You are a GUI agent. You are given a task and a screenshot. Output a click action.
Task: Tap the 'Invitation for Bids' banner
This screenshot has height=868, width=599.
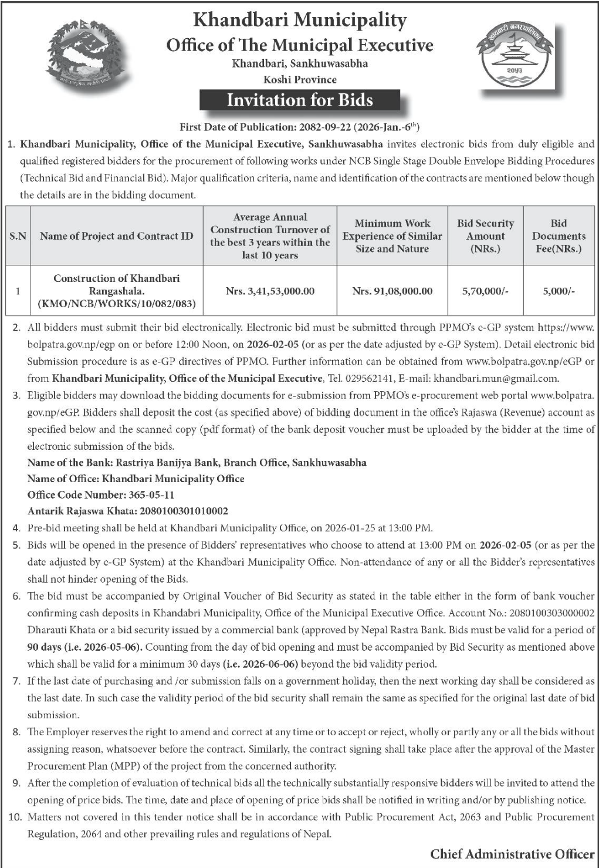(x=300, y=100)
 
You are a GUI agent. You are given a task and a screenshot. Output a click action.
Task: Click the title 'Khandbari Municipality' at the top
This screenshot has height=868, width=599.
(x=300, y=21)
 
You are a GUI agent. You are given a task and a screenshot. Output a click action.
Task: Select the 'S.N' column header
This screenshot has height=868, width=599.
(x=18, y=236)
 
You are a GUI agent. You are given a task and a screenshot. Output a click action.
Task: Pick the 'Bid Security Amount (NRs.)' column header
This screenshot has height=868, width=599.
(x=485, y=236)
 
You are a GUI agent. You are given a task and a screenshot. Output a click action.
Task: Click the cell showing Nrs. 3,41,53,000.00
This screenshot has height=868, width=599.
(x=270, y=291)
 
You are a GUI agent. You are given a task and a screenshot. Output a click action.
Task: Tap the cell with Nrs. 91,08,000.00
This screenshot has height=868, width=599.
(x=392, y=291)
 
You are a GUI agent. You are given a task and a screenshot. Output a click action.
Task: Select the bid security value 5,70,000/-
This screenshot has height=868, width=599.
(x=485, y=291)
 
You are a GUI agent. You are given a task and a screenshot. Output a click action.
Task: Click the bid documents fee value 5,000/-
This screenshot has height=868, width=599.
(x=559, y=291)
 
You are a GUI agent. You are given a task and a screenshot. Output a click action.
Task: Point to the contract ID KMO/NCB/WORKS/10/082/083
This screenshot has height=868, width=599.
(x=116, y=304)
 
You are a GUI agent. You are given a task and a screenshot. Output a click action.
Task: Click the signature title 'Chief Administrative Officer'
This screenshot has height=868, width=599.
(x=512, y=854)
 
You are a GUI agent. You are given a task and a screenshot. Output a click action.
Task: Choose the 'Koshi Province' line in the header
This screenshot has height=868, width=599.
(x=300, y=80)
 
